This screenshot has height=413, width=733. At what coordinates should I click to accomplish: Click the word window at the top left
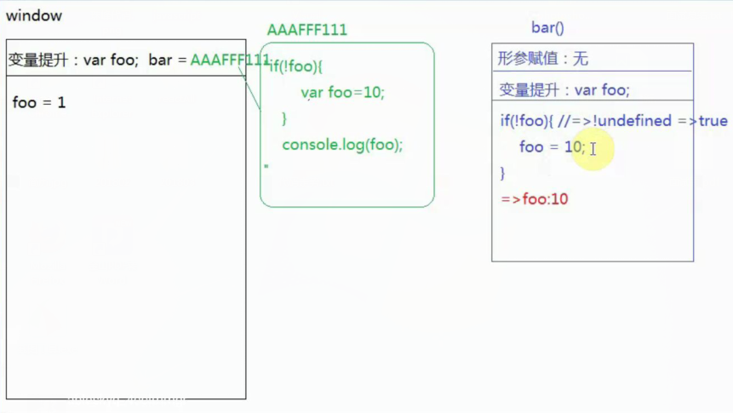click(x=34, y=16)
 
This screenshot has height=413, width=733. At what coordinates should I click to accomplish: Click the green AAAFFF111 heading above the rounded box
click(x=306, y=30)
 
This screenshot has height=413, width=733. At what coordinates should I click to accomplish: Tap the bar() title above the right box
click(x=547, y=28)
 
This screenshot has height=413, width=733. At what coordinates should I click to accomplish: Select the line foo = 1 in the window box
click(x=39, y=103)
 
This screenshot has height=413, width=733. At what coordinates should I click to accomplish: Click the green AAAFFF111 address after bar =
click(x=229, y=60)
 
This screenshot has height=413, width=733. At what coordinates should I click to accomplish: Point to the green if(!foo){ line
click(x=296, y=67)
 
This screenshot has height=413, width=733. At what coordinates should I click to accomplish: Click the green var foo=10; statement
click(x=342, y=92)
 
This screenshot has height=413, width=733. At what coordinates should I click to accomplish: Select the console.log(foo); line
click(x=342, y=145)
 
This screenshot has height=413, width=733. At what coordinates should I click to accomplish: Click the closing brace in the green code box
click(x=284, y=118)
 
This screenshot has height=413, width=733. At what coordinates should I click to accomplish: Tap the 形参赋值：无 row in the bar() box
click(x=543, y=59)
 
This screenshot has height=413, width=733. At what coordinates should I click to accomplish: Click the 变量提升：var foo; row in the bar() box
click(x=564, y=90)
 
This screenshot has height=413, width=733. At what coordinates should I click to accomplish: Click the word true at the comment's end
click(x=713, y=121)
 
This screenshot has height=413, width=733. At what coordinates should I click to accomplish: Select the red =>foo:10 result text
click(x=534, y=199)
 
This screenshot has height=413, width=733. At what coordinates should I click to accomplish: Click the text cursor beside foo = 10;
click(x=593, y=149)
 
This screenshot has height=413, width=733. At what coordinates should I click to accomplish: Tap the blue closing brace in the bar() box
click(x=502, y=173)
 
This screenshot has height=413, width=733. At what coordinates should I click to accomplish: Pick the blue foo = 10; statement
click(x=552, y=147)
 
